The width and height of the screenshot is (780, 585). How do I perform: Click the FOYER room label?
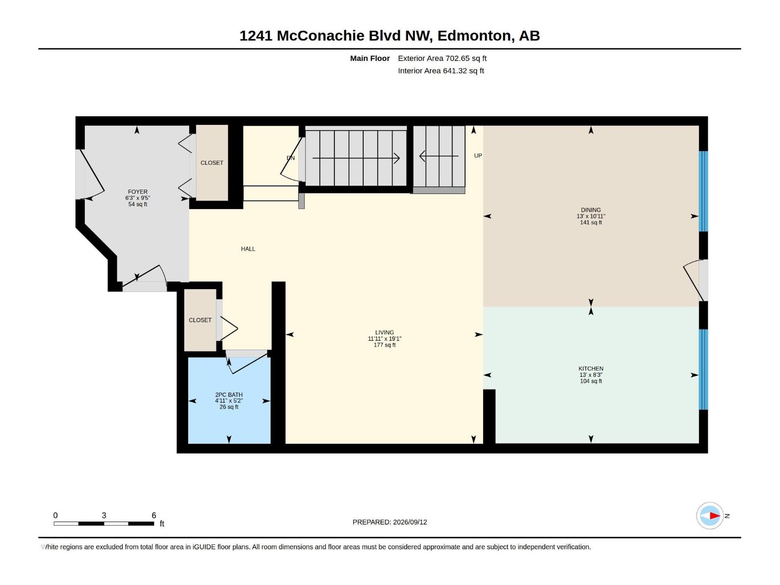(x=137, y=192)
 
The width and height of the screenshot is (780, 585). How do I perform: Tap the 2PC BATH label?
(x=229, y=394)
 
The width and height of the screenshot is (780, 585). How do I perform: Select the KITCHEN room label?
(x=590, y=369)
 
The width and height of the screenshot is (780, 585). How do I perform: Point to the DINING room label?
(x=590, y=210)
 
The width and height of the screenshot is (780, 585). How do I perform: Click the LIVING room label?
(x=385, y=332)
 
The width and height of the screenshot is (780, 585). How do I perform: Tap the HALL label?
(x=248, y=249)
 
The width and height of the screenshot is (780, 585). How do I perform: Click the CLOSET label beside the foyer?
(x=212, y=163)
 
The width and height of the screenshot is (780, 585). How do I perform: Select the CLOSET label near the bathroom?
(x=200, y=320)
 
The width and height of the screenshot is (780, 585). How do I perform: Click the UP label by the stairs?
(x=478, y=156)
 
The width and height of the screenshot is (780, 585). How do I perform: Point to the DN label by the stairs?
(x=291, y=158)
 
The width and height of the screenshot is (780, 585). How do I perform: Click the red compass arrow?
(x=715, y=515)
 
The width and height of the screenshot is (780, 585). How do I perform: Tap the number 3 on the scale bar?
(x=104, y=515)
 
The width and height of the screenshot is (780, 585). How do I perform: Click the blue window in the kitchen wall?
(x=703, y=370)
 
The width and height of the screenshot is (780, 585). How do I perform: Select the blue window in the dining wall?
(x=703, y=192)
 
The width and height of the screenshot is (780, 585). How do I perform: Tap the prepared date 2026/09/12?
(x=409, y=522)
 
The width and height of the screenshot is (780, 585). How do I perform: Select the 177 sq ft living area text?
(x=385, y=345)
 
